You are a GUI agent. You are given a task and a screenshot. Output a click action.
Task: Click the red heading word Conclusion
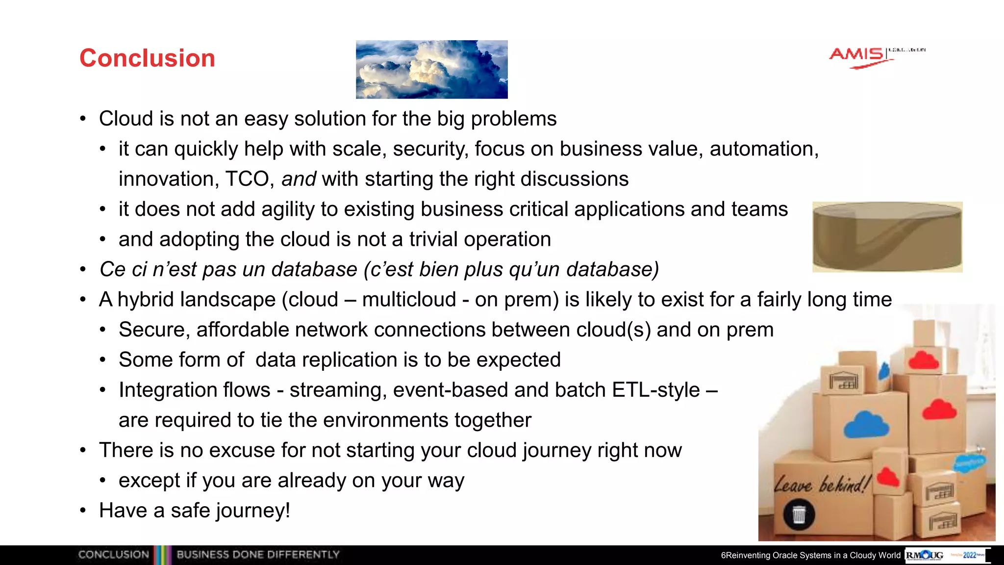click(x=147, y=58)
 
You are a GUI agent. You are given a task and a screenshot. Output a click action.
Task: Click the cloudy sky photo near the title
click(x=431, y=69)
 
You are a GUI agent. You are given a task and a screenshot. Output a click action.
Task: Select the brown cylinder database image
click(x=887, y=237)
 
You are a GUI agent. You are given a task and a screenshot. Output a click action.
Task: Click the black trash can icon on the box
click(x=799, y=514)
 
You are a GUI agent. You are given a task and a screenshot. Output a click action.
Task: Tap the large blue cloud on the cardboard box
click(x=866, y=425)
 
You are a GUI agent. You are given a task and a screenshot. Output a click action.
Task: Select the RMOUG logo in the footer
click(x=925, y=555)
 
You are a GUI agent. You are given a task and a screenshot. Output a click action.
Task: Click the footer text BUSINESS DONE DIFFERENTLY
click(x=258, y=555)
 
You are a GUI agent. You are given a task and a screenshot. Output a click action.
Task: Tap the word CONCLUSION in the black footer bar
click(x=113, y=555)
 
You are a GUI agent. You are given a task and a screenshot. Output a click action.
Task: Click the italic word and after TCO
click(x=298, y=179)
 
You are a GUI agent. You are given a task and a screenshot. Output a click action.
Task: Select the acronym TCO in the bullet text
click(x=247, y=179)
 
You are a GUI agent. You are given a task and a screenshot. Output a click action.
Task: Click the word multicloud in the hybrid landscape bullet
click(x=409, y=300)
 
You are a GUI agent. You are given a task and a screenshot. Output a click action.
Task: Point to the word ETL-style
click(x=656, y=390)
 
